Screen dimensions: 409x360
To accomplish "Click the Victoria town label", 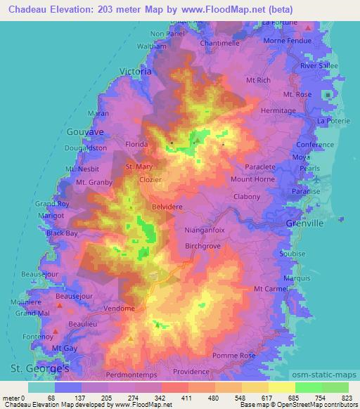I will point(136,72).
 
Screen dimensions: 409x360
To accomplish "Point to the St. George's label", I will point(39,368).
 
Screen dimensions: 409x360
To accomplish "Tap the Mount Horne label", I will point(252,180).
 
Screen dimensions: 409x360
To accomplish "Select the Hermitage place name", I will point(278,111).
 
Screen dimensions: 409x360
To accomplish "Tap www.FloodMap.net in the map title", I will point(211,8).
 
